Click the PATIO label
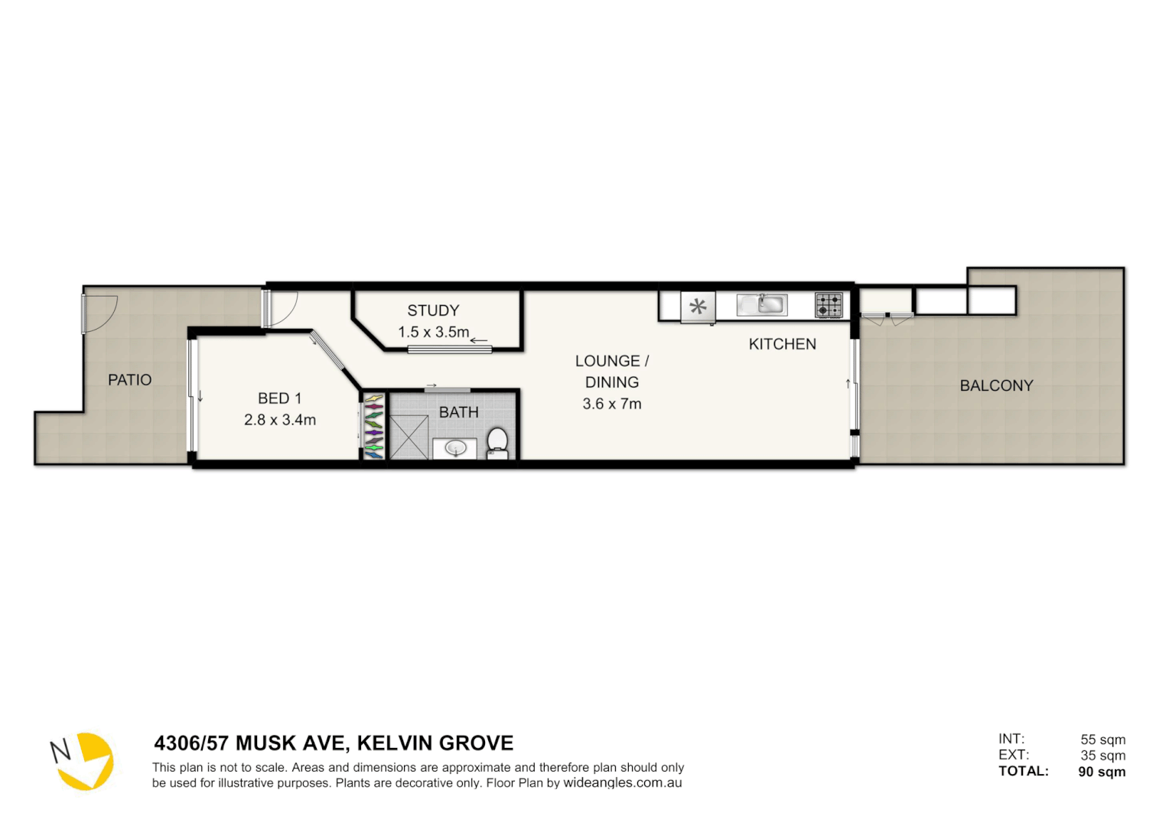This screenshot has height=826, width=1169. coord(129,380)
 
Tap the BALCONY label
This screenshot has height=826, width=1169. coord(996,386)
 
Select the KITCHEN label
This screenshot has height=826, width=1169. coord(782,344)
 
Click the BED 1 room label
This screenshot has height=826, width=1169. coord(279,398)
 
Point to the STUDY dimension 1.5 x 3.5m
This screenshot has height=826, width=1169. coord(433,332)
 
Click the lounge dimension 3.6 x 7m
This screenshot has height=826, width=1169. coord(611,404)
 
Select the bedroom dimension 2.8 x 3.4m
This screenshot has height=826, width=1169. coord(279,420)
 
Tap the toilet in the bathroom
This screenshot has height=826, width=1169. coord(497,442)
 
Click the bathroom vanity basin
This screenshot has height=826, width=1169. coord(455,447)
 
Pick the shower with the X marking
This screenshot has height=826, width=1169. coord(409,437)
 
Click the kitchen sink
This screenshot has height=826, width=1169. coord(762,304)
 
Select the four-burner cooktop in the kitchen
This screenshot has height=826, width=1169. coord(829,305)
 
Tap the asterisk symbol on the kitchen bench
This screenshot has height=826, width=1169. coord(698,307)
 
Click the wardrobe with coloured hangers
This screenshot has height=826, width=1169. coord(373,426)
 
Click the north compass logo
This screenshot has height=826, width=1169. coord(83,760)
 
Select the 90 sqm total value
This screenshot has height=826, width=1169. coord(1101,772)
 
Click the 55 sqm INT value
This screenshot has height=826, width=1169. coord(1102,740)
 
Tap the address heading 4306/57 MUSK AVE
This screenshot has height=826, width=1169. coord(334,743)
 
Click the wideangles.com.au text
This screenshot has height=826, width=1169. coord(622,783)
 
